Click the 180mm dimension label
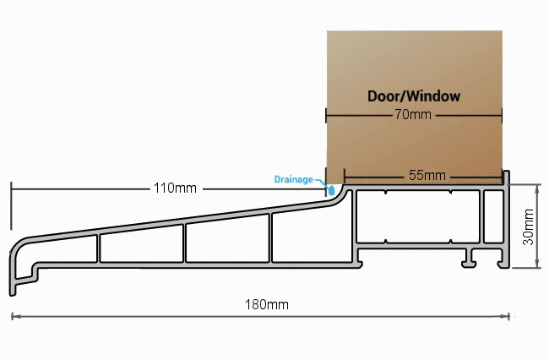tap(267, 304)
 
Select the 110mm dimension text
tap(175, 188)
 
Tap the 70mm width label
tap(413, 115)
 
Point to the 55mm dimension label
tap(427, 175)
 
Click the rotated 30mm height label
tap(529, 226)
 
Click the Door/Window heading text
tap(414, 96)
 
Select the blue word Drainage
tap(293, 180)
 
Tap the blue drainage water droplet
tap(331, 190)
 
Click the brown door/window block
tap(415, 107)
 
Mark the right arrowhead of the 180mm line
tap(506, 317)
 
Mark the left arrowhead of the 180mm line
tap(14, 317)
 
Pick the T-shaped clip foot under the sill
tap(469, 259)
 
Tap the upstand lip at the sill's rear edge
tap(506, 177)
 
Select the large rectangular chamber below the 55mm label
tap(418, 216)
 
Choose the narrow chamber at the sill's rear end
tap(494, 216)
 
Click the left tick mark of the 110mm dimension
tap(11, 206)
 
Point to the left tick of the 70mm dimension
tap(326, 115)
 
